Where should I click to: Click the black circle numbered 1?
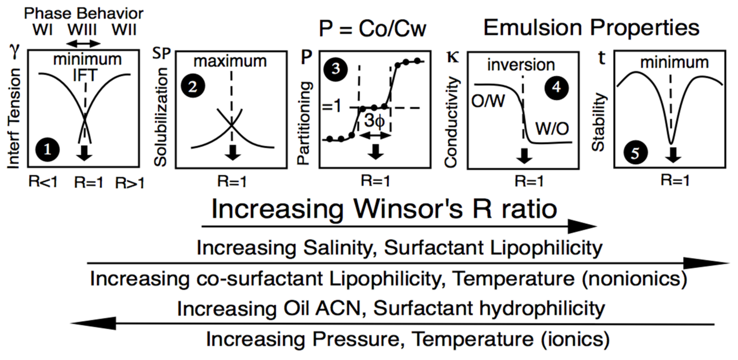tap(47, 150)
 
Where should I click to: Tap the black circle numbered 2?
tap(193, 86)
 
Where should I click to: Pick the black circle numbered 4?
tap(556, 87)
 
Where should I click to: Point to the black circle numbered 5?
tap(635, 153)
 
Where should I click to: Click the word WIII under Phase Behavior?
tap(82, 30)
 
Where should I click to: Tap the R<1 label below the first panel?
tap(43, 182)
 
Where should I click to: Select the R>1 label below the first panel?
tap(130, 183)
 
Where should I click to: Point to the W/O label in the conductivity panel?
tap(552, 129)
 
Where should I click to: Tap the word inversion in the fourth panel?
tap(521, 65)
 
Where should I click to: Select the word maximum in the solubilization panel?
tap(230, 61)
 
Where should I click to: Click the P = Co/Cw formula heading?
tap(373, 29)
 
